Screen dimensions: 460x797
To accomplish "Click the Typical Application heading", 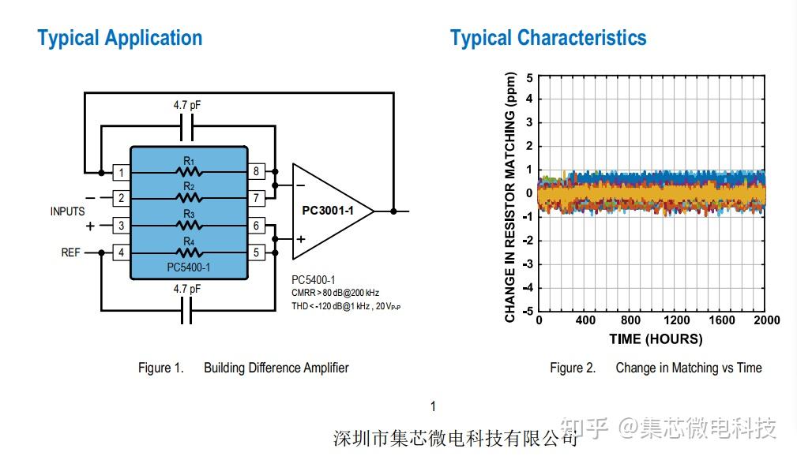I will click(119, 38).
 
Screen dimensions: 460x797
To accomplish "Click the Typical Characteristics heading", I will click(547, 38).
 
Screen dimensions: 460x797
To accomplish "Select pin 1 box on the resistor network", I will click(121, 172).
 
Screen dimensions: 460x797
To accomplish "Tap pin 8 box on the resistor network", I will click(256, 171).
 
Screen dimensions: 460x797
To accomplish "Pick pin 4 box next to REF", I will click(121, 252).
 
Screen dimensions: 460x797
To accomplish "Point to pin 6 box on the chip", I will click(256, 226).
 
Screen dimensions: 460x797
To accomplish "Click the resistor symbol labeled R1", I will click(189, 171).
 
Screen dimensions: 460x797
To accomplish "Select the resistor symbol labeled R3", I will click(189, 225).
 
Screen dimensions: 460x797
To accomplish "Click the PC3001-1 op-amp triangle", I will click(328, 211).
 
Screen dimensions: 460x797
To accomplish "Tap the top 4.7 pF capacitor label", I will click(188, 104).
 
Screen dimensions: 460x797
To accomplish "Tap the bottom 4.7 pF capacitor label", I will click(188, 290).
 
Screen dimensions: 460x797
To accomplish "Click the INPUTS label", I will click(67, 211).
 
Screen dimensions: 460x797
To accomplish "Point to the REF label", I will click(71, 252).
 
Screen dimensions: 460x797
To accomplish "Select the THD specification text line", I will click(347, 306).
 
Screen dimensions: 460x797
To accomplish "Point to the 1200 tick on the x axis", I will click(676, 320).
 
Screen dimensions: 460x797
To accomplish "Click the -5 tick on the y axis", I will click(528, 311).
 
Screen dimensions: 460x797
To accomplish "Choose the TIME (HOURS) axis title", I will click(655, 339).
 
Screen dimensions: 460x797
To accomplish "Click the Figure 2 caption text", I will click(656, 368).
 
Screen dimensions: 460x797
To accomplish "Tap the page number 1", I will click(433, 406).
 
